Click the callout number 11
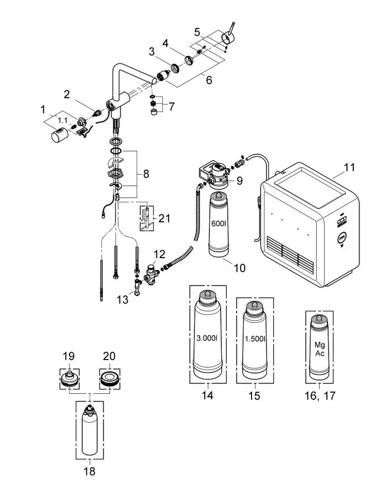point(349,168)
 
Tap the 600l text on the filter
point(218,224)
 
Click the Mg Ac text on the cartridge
point(320,349)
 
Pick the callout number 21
point(164,219)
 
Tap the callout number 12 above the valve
point(159,254)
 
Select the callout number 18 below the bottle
point(89,472)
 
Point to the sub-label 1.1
point(63,120)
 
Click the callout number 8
point(146,174)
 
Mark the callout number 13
point(122,299)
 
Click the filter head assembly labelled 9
point(214,175)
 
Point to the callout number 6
point(209,80)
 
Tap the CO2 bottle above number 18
point(90,431)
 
